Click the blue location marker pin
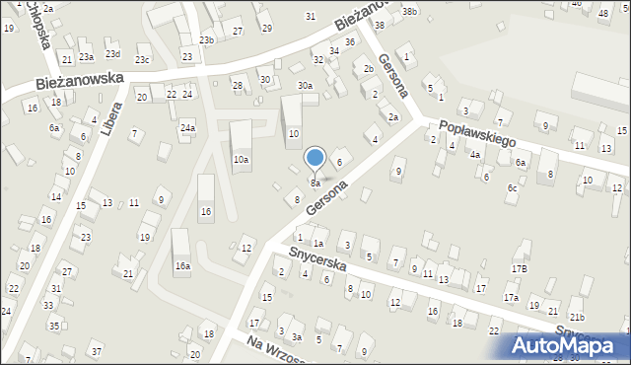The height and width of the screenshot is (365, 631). pos(315,158)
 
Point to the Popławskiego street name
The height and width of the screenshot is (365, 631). pos(478,133)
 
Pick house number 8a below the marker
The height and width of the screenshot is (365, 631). pos(315,183)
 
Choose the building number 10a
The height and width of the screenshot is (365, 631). pos(241,159)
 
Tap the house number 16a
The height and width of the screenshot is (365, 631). pos(182,265)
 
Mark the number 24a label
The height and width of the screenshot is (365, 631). pos(187,128)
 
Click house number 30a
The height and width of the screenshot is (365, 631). pos(306,86)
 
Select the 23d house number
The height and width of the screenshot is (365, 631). pos(112,53)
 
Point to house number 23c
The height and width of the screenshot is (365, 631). pos(142,60)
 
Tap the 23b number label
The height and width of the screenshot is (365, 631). pos(205,40)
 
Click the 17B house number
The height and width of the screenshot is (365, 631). pos(519,268)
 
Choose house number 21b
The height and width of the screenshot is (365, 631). pos(576,317)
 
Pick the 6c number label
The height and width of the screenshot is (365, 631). pos(512,188)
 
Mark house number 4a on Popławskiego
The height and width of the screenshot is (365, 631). pos(474,155)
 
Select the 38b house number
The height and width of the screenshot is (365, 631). pos(409,12)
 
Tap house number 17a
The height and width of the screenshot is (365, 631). pos(511,297)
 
